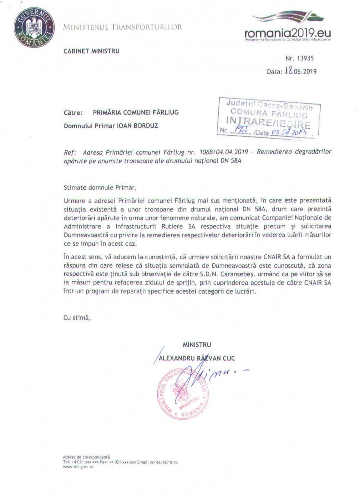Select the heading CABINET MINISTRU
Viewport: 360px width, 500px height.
[x=92, y=51]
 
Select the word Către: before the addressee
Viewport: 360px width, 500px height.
[x=73, y=112]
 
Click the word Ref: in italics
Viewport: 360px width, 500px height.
[x=70, y=152]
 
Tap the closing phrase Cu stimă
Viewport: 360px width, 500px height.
[x=77, y=317]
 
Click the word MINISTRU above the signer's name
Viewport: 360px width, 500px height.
[x=197, y=345]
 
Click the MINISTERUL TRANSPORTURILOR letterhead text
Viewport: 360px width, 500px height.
[x=123, y=27]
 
